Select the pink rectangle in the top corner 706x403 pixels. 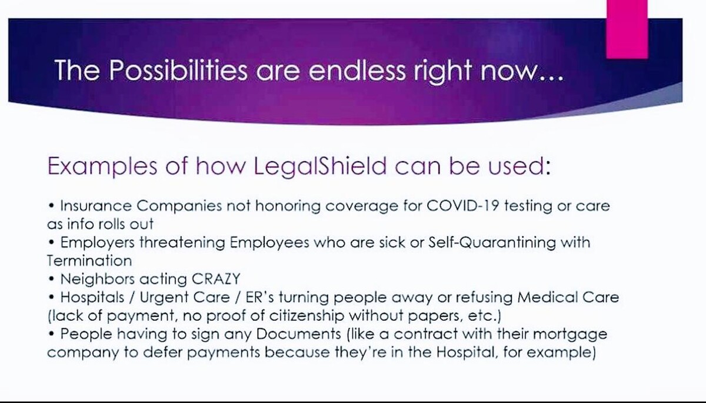(x=627, y=28)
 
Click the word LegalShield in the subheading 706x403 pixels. (x=320, y=166)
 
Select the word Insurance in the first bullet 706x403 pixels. (x=95, y=207)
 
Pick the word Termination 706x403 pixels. (x=89, y=260)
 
